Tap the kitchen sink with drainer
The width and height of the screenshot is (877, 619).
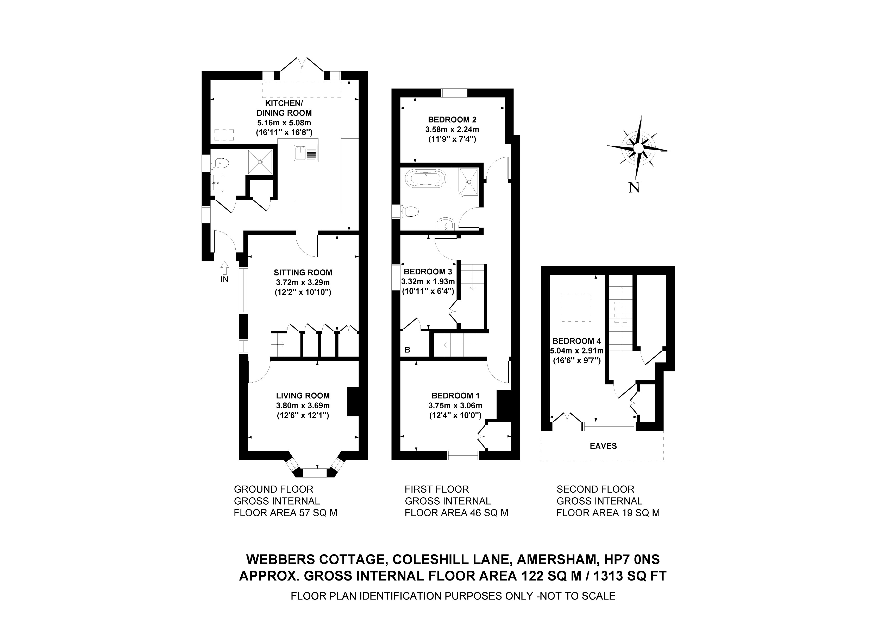click(306, 153)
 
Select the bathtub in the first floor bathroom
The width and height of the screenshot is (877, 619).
click(425, 179)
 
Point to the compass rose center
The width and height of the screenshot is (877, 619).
click(637, 149)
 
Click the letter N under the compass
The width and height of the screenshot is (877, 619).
click(634, 188)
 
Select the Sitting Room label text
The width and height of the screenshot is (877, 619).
click(303, 273)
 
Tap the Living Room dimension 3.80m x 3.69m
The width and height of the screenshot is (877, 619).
click(303, 406)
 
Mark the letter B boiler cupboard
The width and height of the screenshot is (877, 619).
click(407, 350)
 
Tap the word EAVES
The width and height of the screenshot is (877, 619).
click(603, 446)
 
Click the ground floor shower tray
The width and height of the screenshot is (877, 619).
click(260, 162)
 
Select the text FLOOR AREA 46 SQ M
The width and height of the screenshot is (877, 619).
click(456, 513)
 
